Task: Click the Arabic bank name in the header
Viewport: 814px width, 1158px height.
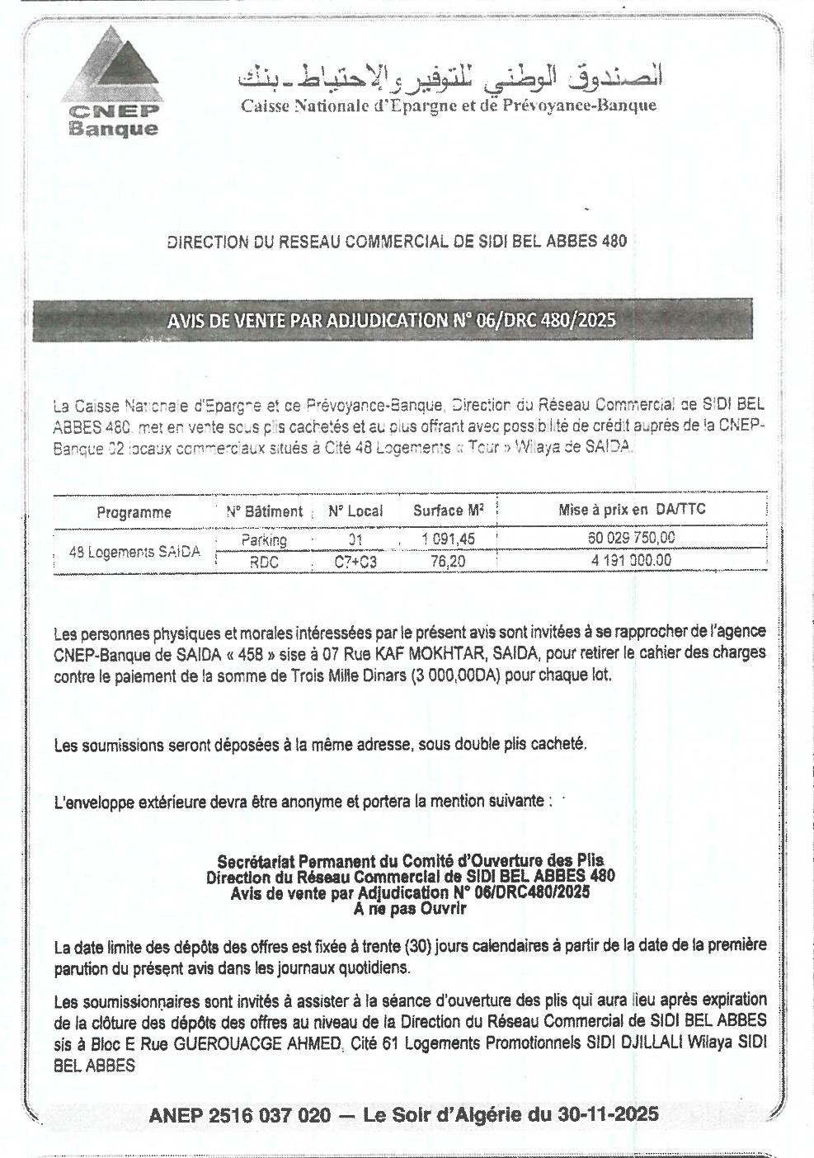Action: [449, 77]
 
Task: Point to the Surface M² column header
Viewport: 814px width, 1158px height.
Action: [448, 511]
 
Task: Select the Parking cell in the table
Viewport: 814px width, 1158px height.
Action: [264, 540]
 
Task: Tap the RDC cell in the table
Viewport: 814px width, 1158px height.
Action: [264, 562]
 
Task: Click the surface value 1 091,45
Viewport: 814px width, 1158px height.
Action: [448, 539]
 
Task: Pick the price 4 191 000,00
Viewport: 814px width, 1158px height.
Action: [632, 560]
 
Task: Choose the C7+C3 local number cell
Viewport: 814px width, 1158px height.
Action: [355, 562]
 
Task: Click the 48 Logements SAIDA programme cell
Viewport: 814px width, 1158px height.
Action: [134, 552]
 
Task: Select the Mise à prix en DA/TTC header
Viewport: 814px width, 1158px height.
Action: [632, 510]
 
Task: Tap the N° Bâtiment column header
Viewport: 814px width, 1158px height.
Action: [264, 511]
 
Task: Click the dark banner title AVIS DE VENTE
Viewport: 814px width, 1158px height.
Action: [392, 320]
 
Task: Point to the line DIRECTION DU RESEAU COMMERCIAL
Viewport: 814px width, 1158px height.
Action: [397, 242]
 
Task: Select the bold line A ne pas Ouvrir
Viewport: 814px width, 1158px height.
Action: [410, 909]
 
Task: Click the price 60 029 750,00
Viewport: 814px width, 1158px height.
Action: [632, 538]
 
